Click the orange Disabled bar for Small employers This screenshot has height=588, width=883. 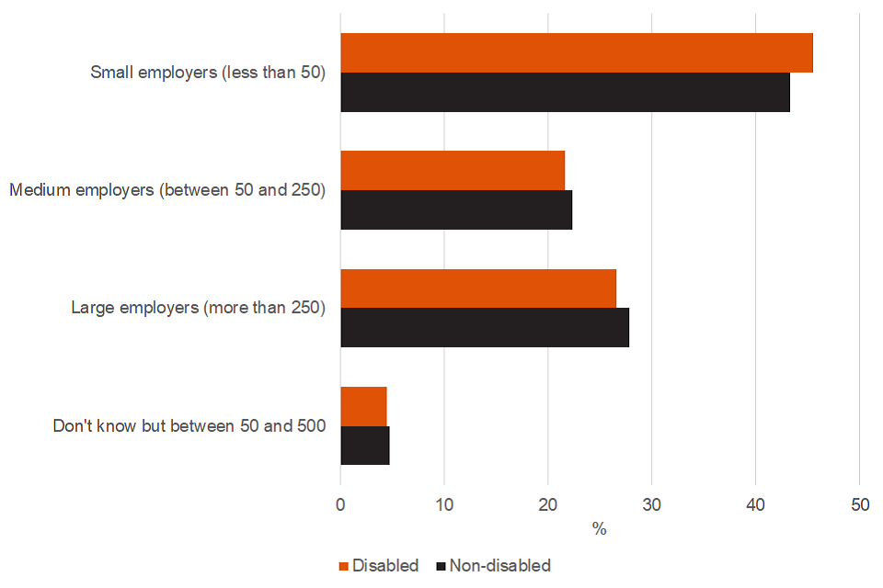577,53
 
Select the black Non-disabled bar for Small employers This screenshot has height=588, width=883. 565,93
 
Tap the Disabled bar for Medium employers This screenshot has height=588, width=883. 453,171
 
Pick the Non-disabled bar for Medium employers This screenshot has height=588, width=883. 456,210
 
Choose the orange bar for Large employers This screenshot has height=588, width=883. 478,288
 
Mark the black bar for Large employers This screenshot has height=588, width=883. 485,328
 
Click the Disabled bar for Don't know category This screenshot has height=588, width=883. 363,406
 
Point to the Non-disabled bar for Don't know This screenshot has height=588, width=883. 365,446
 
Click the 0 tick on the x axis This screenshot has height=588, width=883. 340,504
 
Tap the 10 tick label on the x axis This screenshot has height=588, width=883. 444,504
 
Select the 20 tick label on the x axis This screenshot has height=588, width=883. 548,504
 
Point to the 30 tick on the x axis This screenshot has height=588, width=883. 651,504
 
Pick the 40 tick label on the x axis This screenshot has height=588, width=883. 755,504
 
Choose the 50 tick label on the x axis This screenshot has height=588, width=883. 859,504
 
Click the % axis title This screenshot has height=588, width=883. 600,529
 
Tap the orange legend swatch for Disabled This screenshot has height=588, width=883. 344,566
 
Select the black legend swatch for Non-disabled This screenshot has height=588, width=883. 440,566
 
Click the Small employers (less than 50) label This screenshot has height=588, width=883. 208,73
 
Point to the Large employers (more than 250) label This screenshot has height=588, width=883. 199,308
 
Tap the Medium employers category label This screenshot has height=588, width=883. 167,190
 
